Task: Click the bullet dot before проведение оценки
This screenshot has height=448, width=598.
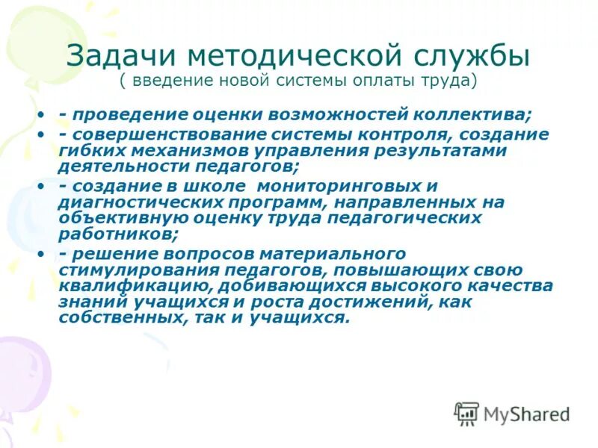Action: [x=42, y=116]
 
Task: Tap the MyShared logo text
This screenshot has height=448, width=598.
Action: [x=526, y=413]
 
